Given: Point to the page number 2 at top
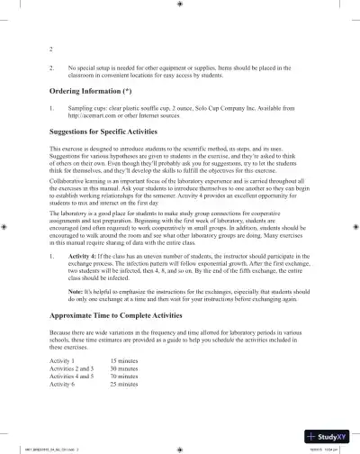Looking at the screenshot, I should click(x=50, y=46).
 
